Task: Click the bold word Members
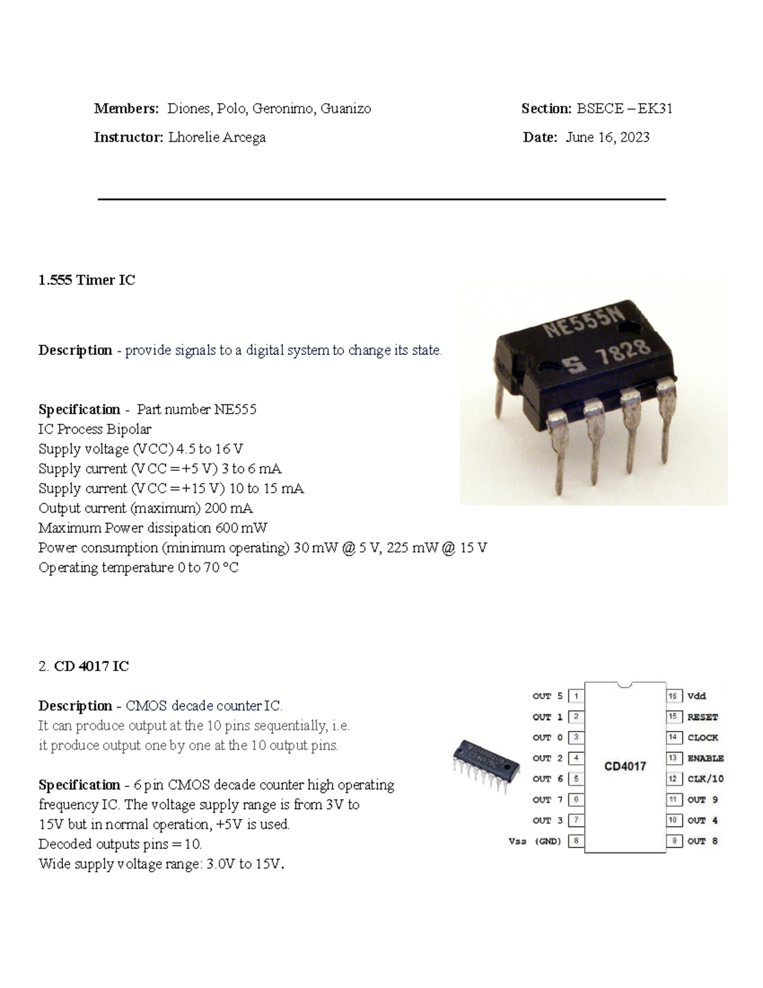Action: point(126,109)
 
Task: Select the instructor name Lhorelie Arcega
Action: point(217,137)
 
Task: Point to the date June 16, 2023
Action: point(607,137)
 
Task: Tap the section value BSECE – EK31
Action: point(624,109)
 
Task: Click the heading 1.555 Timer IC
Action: point(86,280)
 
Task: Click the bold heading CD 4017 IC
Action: point(92,666)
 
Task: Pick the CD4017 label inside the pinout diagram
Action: point(625,767)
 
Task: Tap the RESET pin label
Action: point(703,717)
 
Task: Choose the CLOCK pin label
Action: point(703,738)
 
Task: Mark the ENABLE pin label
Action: point(705,758)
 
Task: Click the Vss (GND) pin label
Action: point(535,841)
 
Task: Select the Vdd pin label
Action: point(697,696)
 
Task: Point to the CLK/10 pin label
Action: point(705,779)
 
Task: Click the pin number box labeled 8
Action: point(576,841)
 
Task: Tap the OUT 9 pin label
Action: point(703,800)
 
